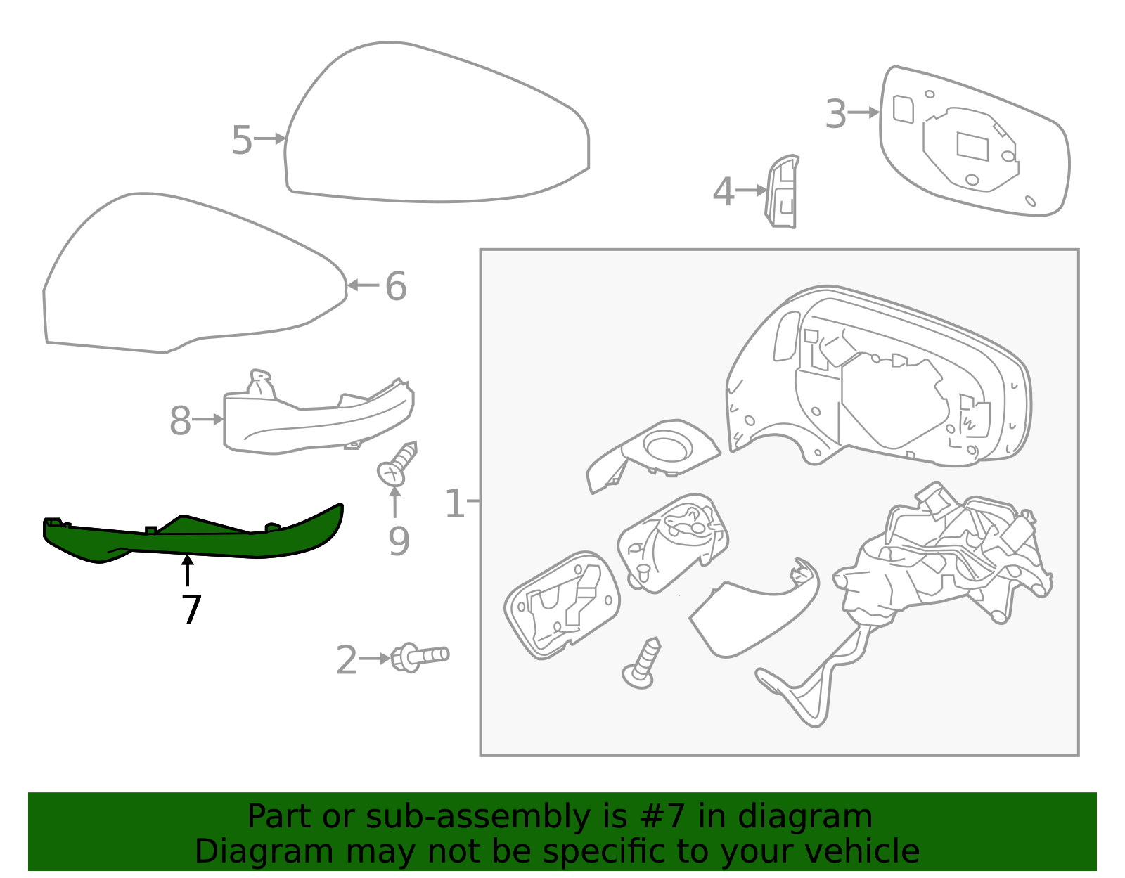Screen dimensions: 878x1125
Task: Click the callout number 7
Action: pos(191,609)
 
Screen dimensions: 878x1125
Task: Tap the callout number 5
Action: pos(241,141)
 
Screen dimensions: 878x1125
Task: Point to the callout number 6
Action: pos(396,287)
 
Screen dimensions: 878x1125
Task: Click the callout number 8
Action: pos(180,421)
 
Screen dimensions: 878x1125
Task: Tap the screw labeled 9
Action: pos(397,464)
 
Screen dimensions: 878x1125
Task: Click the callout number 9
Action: pos(399,541)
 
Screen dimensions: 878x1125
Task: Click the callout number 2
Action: pos(346,661)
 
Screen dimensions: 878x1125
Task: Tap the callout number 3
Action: pos(835,114)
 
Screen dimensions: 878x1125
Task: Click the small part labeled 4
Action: pos(783,191)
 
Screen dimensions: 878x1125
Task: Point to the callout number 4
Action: pos(724,192)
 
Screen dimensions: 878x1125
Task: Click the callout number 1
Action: pos(455,504)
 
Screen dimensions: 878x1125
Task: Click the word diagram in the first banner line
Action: pos(820,817)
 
